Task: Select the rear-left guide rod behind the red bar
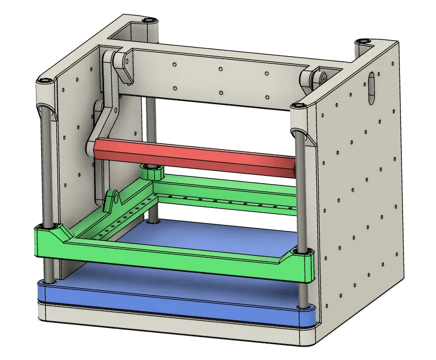tap(149, 129)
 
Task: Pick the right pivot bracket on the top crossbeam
tap(314, 80)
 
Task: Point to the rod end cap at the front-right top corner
tap(296, 106)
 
